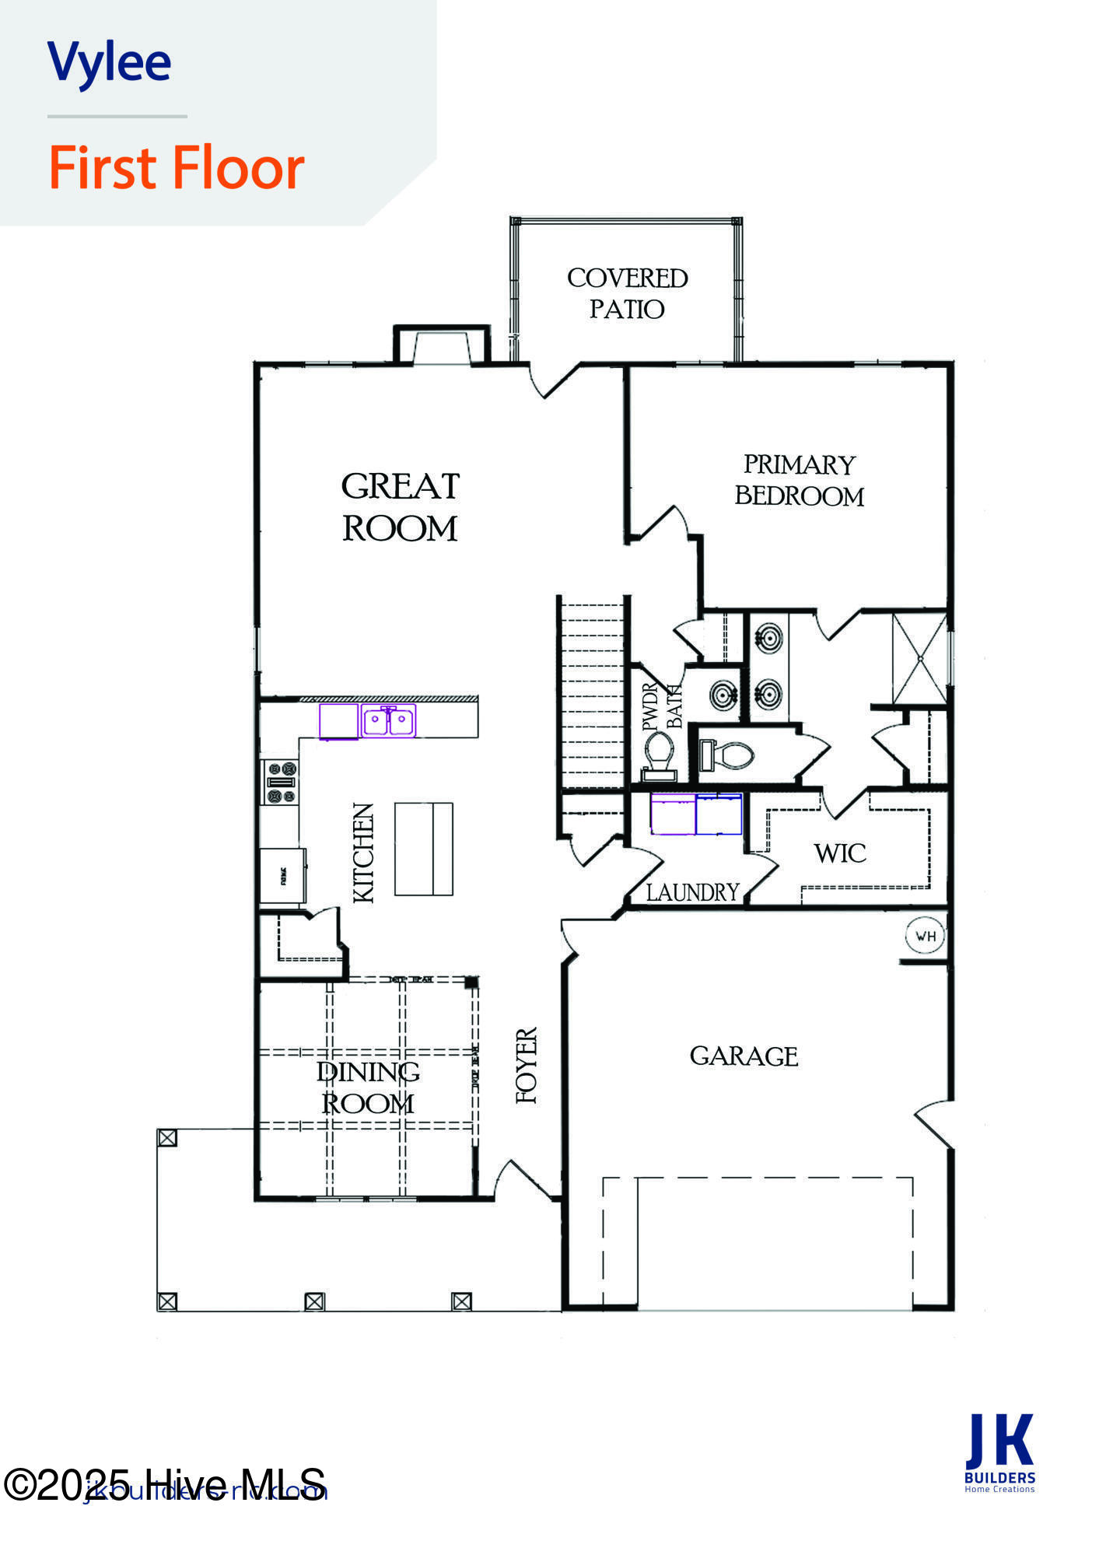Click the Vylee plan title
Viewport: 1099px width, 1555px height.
point(109,62)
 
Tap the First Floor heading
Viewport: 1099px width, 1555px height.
point(177,168)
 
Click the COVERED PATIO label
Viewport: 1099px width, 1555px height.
point(627,293)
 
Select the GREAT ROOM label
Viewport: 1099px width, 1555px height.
point(400,507)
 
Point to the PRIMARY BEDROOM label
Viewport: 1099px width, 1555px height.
point(799,480)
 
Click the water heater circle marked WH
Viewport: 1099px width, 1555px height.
point(926,936)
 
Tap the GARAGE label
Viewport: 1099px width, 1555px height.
point(744,1056)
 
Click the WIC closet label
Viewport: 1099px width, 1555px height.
point(840,853)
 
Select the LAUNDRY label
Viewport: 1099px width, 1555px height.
point(692,892)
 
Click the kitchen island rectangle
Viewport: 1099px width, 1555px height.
point(424,849)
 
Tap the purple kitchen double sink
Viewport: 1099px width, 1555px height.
point(388,720)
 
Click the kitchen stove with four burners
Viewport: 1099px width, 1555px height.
point(282,782)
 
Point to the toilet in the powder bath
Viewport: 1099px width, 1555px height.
point(660,753)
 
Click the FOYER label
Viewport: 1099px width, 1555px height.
point(527,1066)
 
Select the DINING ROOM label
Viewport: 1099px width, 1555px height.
point(367,1087)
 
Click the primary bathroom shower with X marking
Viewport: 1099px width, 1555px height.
point(919,659)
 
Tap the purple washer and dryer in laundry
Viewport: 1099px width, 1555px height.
point(696,814)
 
